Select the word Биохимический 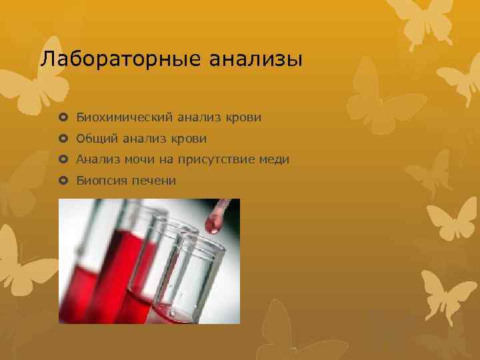(x=125, y=117)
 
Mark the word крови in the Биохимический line (x=243, y=117)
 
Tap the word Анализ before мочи (x=97, y=159)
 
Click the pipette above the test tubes (x=224, y=207)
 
